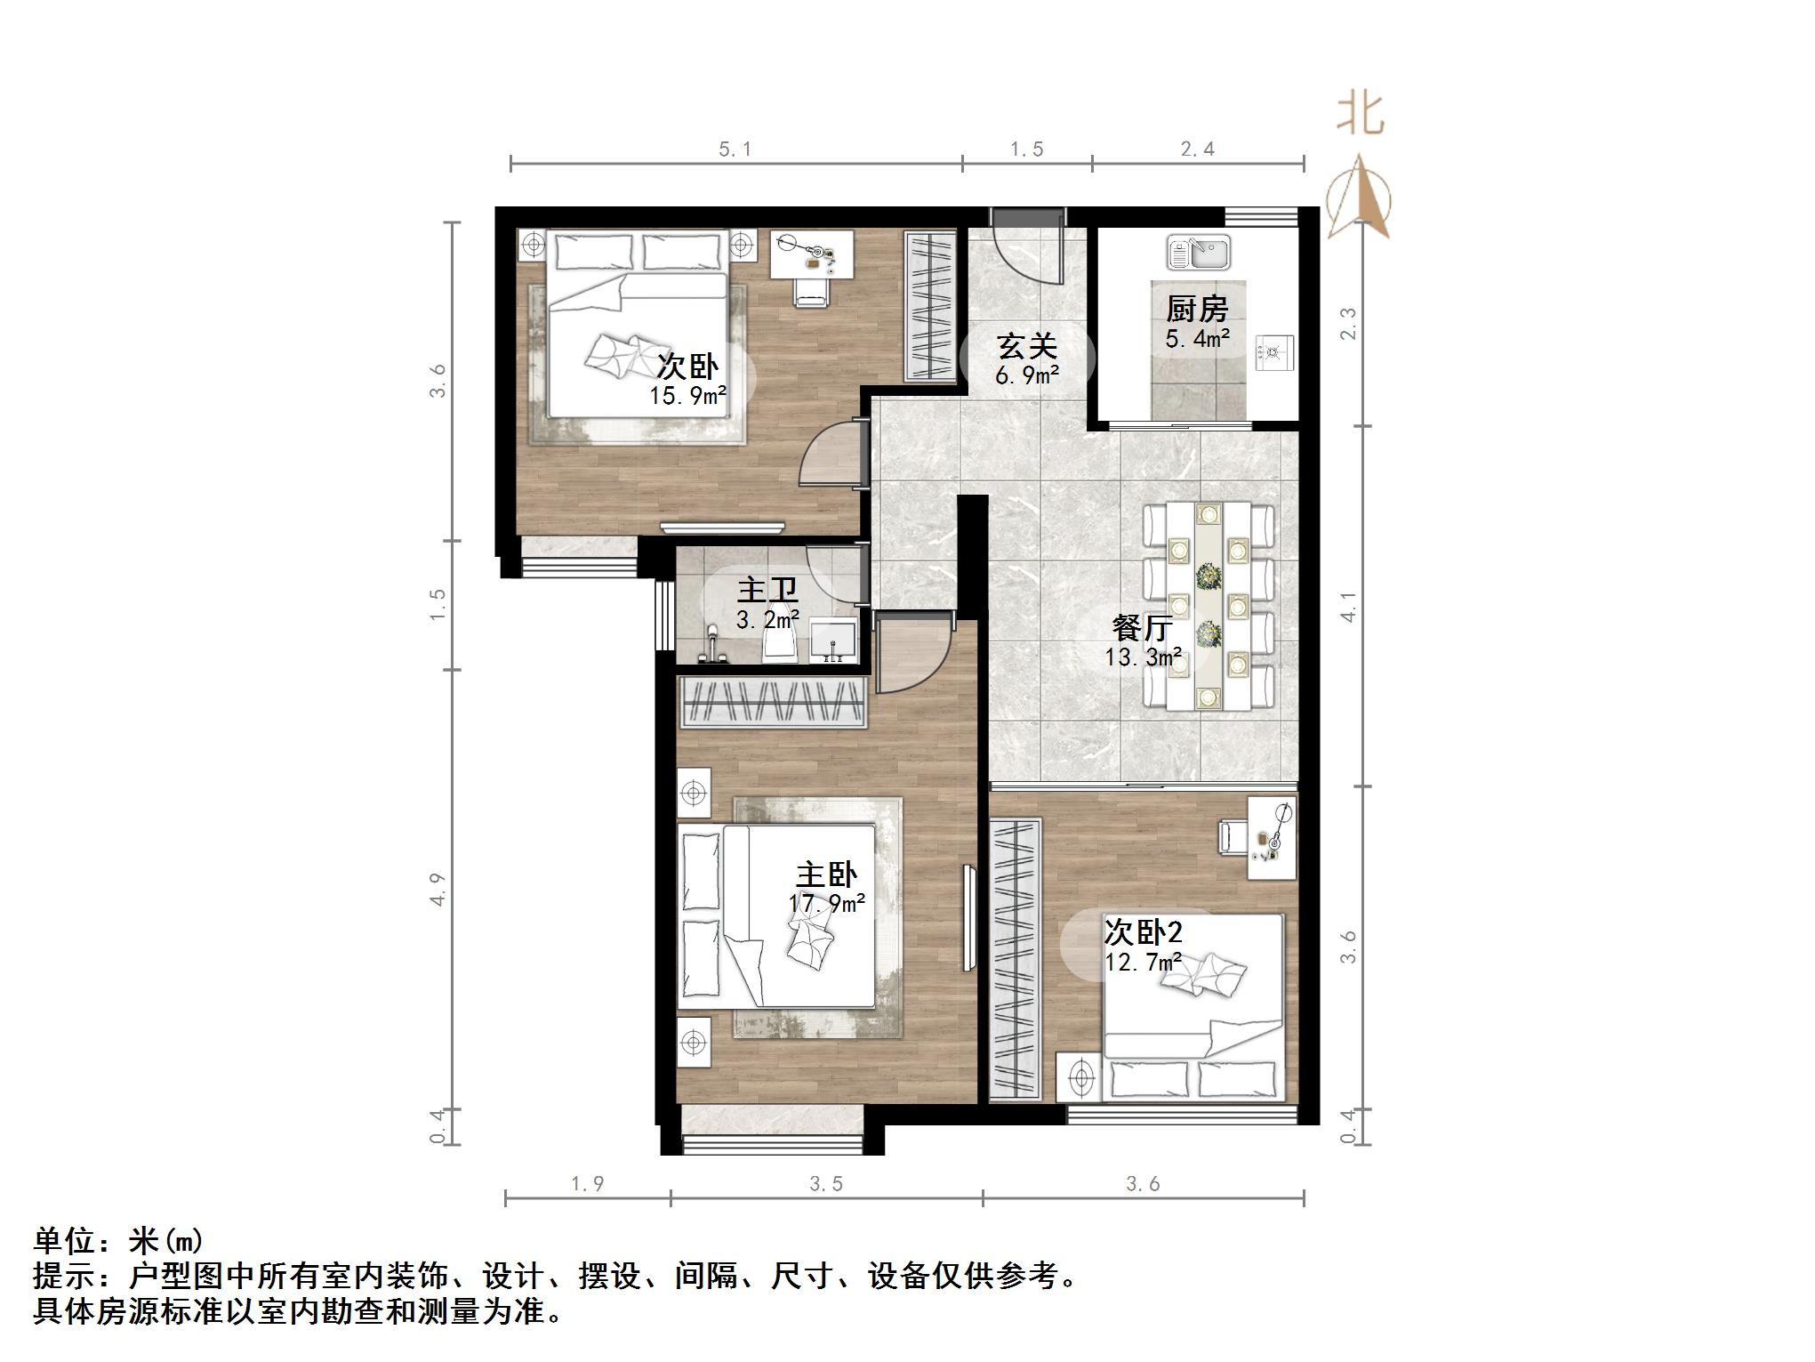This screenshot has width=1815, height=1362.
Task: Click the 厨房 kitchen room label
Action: [1197, 310]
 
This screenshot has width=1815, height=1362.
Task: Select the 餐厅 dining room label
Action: [1142, 629]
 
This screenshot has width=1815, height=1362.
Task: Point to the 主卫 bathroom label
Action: [767, 591]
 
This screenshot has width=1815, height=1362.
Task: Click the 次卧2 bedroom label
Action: [1143, 932]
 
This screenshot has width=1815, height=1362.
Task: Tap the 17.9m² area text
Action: [827, 904]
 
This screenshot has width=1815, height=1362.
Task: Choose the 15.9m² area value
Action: [688, 395]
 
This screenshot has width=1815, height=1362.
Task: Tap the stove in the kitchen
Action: [1273, 353]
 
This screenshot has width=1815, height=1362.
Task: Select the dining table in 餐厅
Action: [1208, 605]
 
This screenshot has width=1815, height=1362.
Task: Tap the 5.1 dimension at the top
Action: [735, 149]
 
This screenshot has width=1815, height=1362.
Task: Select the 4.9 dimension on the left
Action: [438, 889]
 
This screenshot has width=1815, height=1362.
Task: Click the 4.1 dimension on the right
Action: [1350, 607]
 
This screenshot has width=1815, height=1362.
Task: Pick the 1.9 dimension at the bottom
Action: [587, 1184]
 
